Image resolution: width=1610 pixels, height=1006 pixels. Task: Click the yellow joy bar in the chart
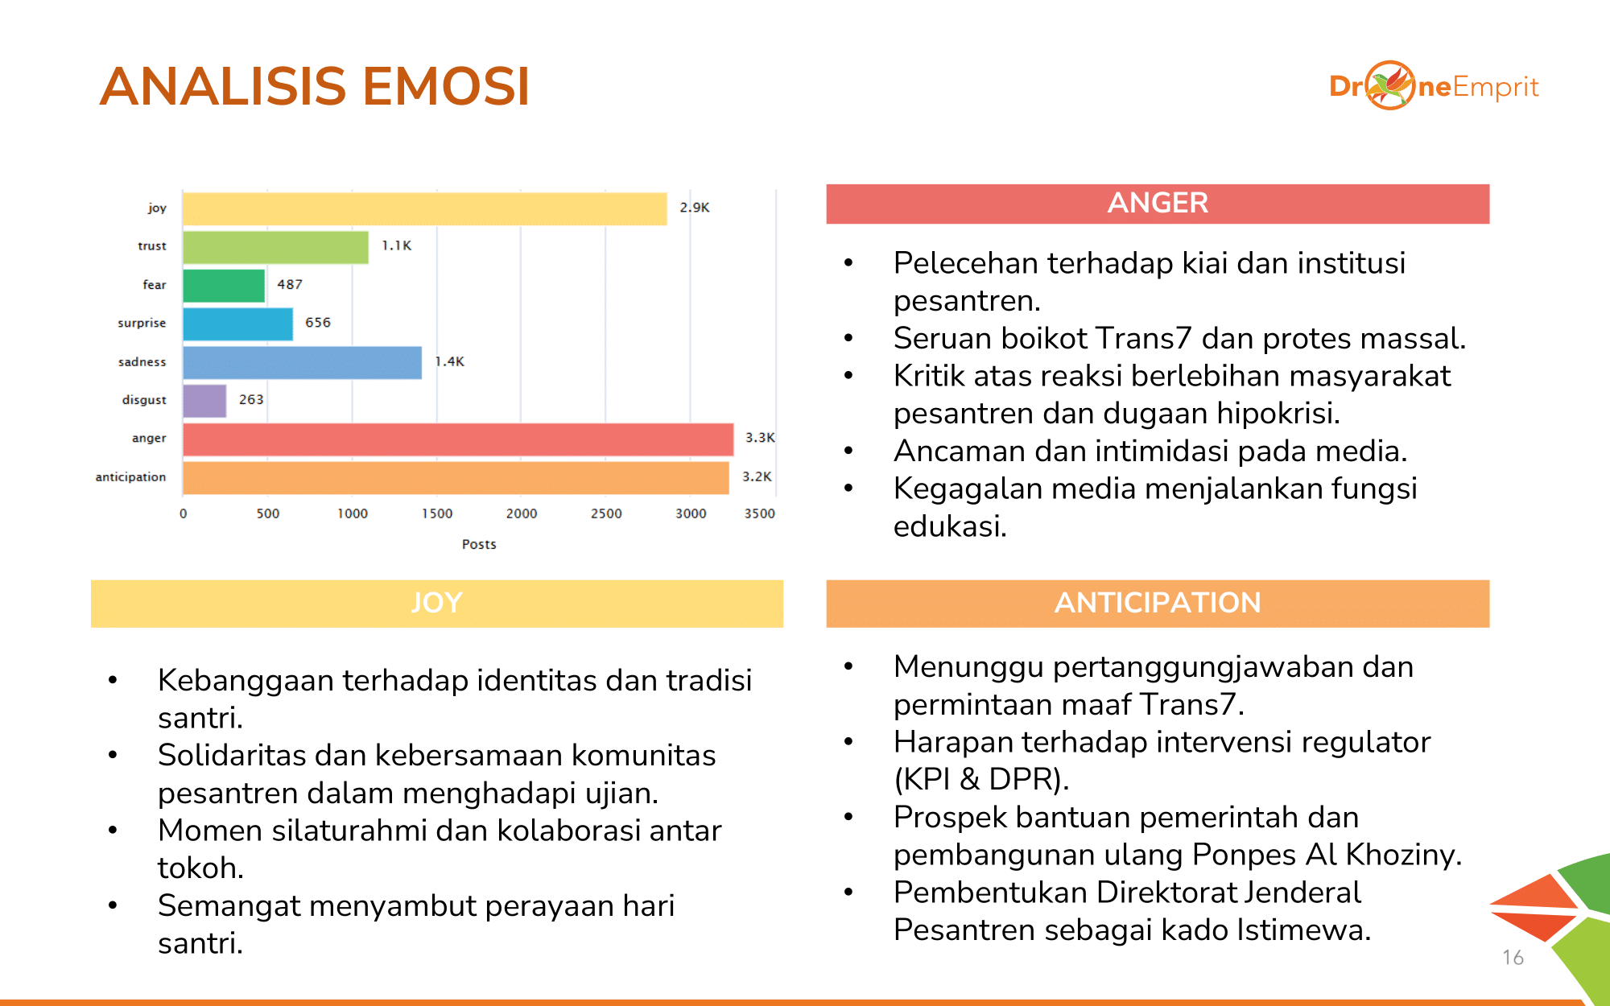(x=425, y=208)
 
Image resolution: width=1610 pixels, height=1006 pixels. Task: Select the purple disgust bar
(x=204, y=401)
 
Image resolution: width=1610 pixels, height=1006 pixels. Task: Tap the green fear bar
(x=224, y=286)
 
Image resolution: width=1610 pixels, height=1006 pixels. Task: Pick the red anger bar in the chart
(x=458, y=439)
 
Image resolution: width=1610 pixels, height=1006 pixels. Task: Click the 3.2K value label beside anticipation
(x=757, y=476)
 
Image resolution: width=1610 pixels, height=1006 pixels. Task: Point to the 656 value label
(x=318, y=323)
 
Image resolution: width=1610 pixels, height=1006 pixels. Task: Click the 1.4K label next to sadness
(x=450, y=361)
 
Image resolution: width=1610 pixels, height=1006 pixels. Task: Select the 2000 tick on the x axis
(x=522, y=513)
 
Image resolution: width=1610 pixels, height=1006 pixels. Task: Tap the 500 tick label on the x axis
(x=268, y=513)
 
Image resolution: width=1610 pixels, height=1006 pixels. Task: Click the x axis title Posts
(x=479, y=544)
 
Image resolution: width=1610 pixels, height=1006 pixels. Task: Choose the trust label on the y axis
(x=152, y=246)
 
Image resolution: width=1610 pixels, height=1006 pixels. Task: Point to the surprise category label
(x=142, y=323)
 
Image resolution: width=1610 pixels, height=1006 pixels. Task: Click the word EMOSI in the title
(x=446, y=86)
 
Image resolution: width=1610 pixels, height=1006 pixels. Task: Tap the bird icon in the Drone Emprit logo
(x=1390, y=85)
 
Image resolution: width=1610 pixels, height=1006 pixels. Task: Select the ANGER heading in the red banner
(x=1158, y=203)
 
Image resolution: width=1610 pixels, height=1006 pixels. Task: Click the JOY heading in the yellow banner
(x=437, y=603)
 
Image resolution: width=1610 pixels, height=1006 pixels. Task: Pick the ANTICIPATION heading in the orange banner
(x=1158, y=603)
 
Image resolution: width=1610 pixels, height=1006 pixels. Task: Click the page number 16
(x=1513, y=958)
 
